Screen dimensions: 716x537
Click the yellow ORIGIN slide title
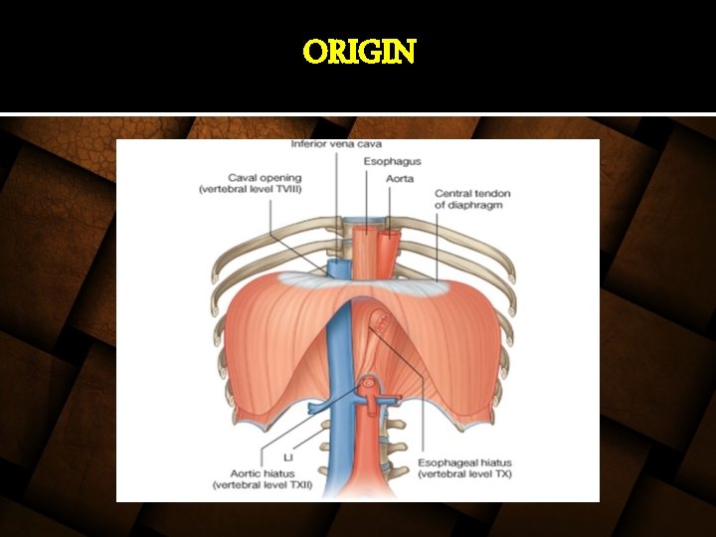tap(359, 51)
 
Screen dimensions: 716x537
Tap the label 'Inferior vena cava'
tap(336, 144)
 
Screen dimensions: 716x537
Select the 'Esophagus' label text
tap(392, 161)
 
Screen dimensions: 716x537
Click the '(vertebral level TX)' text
tap(464, 474)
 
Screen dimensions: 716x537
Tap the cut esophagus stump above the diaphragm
tap(368, 249)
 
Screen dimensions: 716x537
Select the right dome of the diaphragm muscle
tap(452, 338)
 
